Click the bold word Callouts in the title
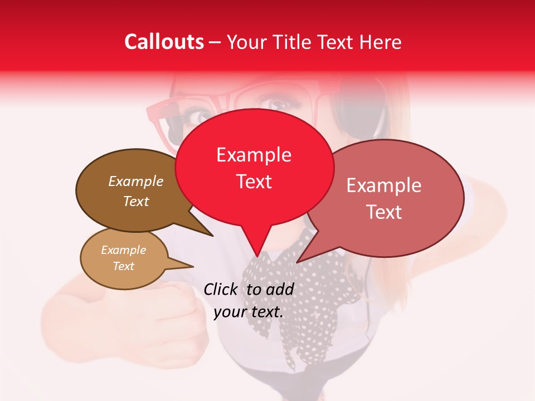point(164,42)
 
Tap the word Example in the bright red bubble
point(254,155)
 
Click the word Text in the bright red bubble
point(254,182)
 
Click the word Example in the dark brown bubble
point(136,181)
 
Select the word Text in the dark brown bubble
point(136,201)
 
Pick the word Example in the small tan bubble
point(123,250)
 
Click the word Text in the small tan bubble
point(123,266)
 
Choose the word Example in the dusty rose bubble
point(384,185)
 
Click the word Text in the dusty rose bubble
point(384,212)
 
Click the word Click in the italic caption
point(220,289)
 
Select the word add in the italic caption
point(280,289)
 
